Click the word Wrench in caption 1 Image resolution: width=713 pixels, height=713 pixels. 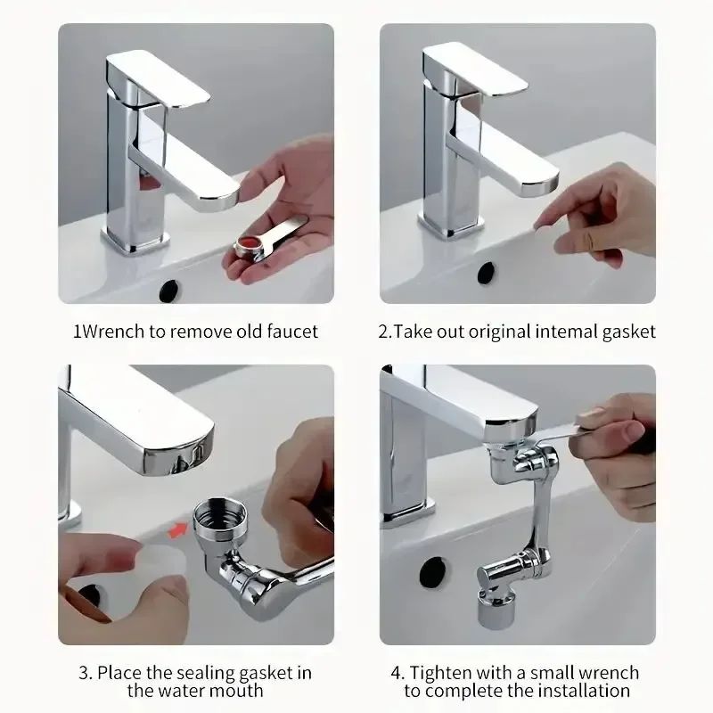pos(112,332)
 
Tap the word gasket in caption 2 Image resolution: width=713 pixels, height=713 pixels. pos(627,332)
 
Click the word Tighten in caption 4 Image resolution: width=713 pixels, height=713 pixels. pos(440,672)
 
